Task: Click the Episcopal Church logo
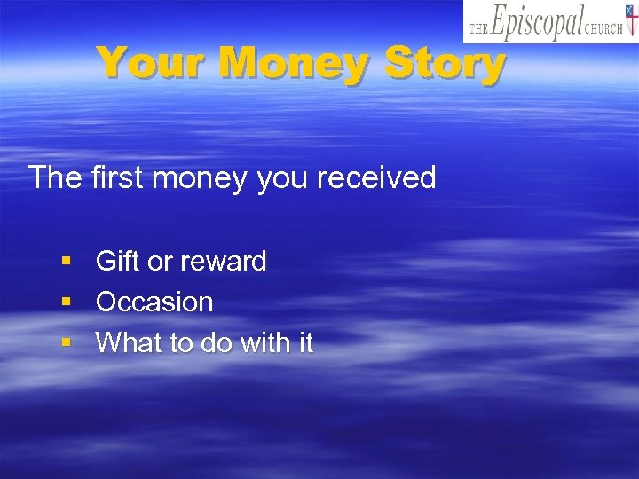550,22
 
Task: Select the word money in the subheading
201,178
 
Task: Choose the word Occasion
154,302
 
